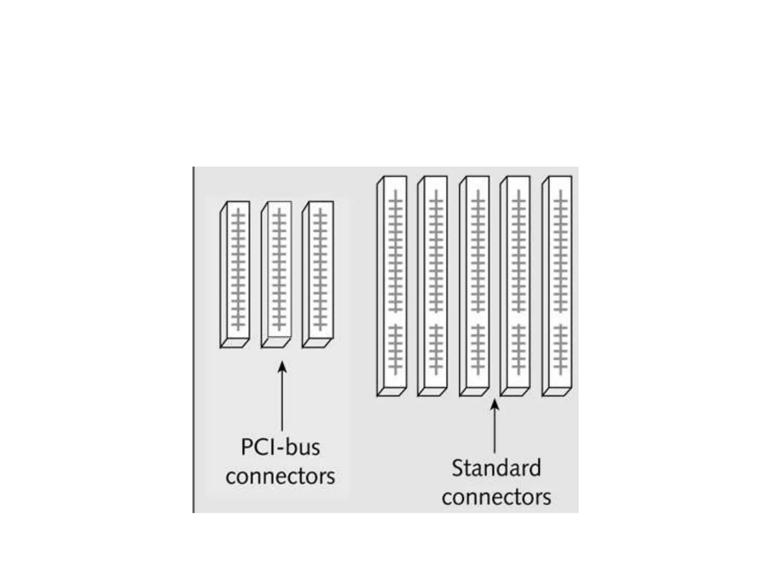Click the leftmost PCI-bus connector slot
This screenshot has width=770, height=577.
pos(235,274)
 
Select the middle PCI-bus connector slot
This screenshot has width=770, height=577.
pos(277,274)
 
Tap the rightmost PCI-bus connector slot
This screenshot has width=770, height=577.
pos(318,274)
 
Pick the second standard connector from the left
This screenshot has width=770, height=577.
pos(433,285)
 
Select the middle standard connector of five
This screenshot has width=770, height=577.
pos(475,285)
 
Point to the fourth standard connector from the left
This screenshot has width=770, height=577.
pos(516,285)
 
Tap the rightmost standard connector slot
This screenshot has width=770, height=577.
pos(558,285)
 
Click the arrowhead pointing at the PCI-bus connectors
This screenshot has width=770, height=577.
pos(282,366)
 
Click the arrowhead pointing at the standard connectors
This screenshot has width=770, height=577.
pos(495,404)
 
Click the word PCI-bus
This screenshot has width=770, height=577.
pos(280,447)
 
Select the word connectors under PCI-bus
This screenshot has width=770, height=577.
pos(280,476)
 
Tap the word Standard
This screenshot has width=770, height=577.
pos(496,468)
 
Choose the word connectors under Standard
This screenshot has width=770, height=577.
pos(496,497)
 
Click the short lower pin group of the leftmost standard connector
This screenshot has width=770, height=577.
pos(395,350)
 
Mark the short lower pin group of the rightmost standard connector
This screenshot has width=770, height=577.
pos(561,350)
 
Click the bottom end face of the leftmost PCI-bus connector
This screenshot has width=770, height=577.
pos(234,343)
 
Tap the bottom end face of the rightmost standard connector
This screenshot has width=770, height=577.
pos(556,391)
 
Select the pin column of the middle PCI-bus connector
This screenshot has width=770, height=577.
pos(279,269)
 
